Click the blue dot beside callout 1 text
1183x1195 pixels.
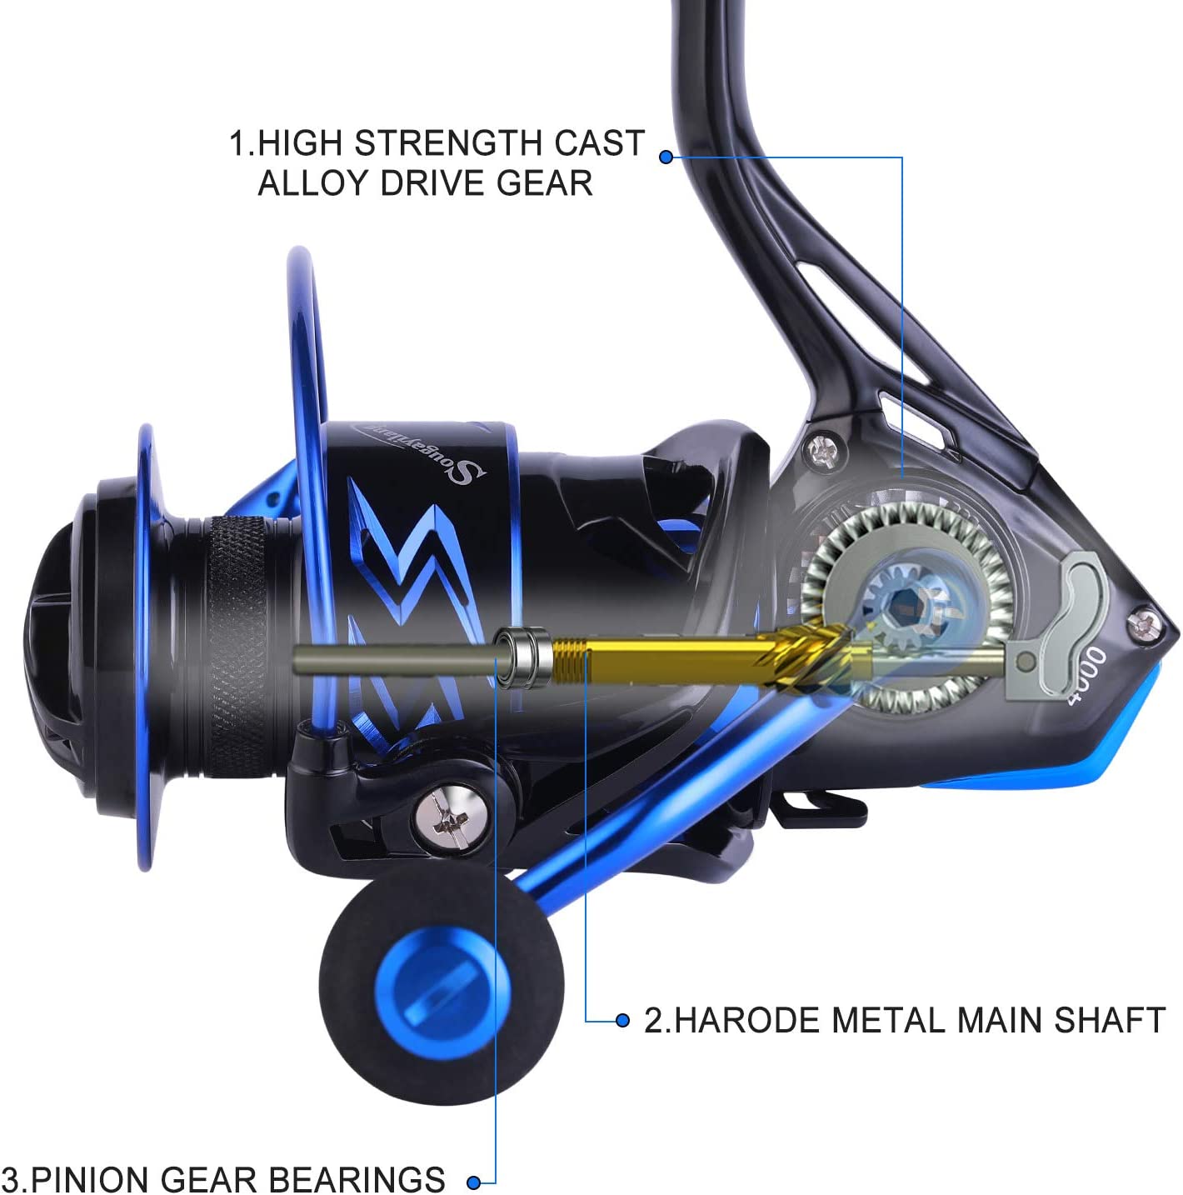pos(666,157)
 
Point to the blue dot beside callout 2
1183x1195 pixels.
pos(622,1020)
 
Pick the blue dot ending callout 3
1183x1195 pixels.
pos(474,1182)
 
